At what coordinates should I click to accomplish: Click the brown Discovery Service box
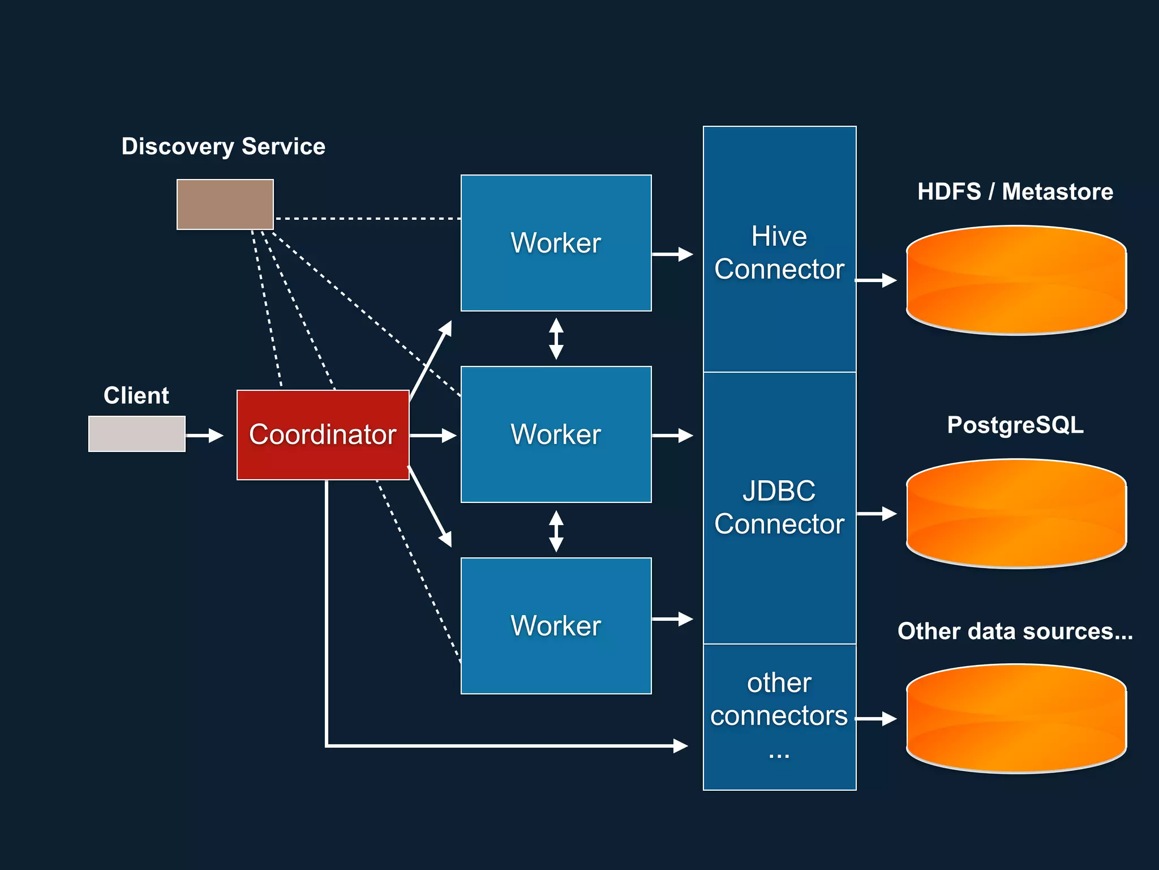pyautogui.click(x=225, y=204)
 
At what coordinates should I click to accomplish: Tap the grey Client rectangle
pyautogui.click(x=136, y=434)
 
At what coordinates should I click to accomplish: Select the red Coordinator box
pyautogui.click(x=323, y=434)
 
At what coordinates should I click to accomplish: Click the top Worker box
pyautogui.click(x=556, y=243)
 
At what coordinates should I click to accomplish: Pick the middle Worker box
pyautogui.click(x=556, y=434)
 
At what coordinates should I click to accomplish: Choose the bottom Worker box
pyautogui.click(x=556, y=626)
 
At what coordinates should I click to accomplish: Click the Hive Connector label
pyautogui.click(x=779, y=253)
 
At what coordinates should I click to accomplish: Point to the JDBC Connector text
pyautogui.click(x=779, y=507)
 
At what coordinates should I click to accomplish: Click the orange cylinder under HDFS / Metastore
pyautogui.click(x=1016, y=280)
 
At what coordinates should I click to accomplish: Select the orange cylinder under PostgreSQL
pyautogui.click(x=1016, y=514)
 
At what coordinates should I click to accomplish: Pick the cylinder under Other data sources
pyautogui.click(x=1016, y=719)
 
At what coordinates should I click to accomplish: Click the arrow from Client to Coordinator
pyautogui.click(x=204, y=435)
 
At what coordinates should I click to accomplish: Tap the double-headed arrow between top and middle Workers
pyautogui.click(x=556, y=339)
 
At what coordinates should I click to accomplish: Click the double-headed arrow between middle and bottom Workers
pyautogui.click(x=556, y=531)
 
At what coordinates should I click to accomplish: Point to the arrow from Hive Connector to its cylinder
pyautogui.click(x=876, y=280)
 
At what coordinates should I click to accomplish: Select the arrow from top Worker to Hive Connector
pyautogui.click(x=672, y=254)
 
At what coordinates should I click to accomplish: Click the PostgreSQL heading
pyautogui.click(x=1015, y=425)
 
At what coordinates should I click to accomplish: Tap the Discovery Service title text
pyautogui.click(x=223, y=147)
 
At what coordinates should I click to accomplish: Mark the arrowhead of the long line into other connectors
pyautogui.click(x=681, y=745)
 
